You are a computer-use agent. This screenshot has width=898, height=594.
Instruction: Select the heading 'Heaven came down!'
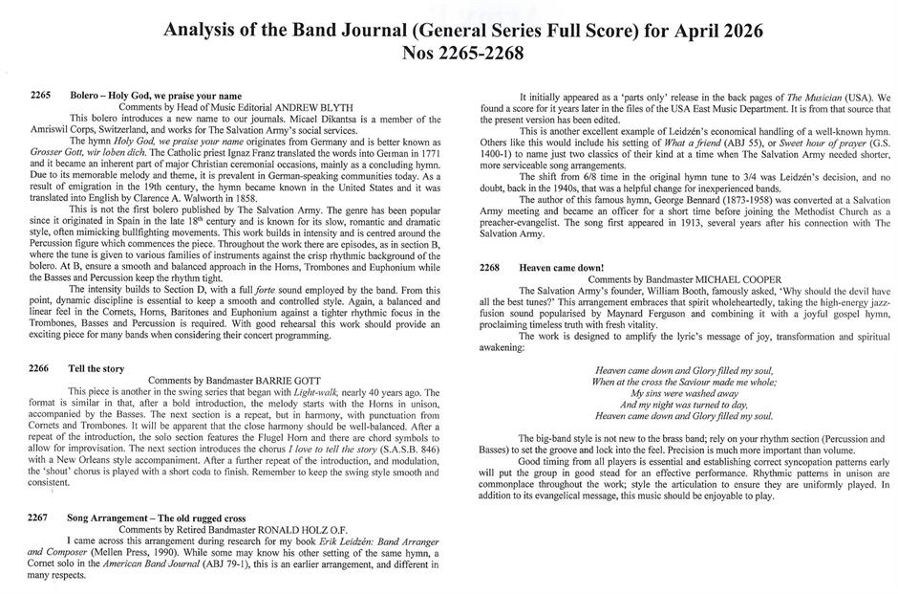(564, 269)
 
